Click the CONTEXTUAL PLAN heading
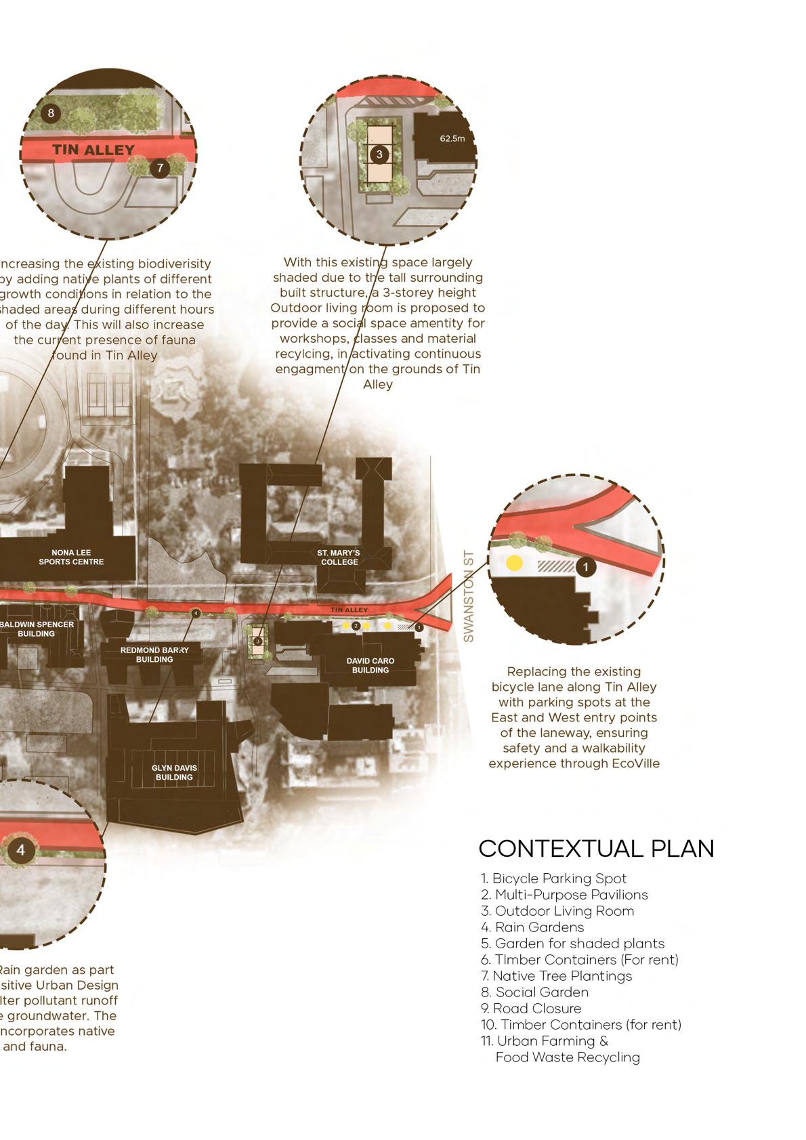596,849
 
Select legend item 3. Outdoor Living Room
557,911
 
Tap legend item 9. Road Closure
531,1009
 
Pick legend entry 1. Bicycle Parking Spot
553,879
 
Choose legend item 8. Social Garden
534,992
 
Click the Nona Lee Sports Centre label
71,557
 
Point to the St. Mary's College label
339,557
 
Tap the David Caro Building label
370,665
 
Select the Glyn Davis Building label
174,772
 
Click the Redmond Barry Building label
154,654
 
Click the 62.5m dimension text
452,139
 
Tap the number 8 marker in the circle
51,113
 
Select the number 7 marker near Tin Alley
159,167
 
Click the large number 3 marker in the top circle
379,154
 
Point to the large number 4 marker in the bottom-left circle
21,850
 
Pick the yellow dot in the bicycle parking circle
514,563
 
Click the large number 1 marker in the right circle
586,567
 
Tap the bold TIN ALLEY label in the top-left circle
93,150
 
